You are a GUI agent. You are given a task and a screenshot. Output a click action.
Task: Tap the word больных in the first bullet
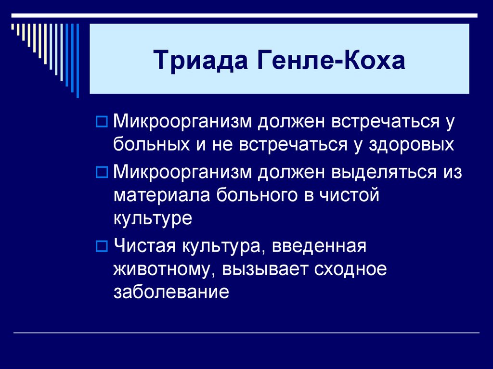coord(148,144)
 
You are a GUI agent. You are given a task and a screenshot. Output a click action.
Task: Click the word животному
coord(163,269)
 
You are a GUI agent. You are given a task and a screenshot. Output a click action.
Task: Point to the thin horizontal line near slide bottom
coord(246,333)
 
